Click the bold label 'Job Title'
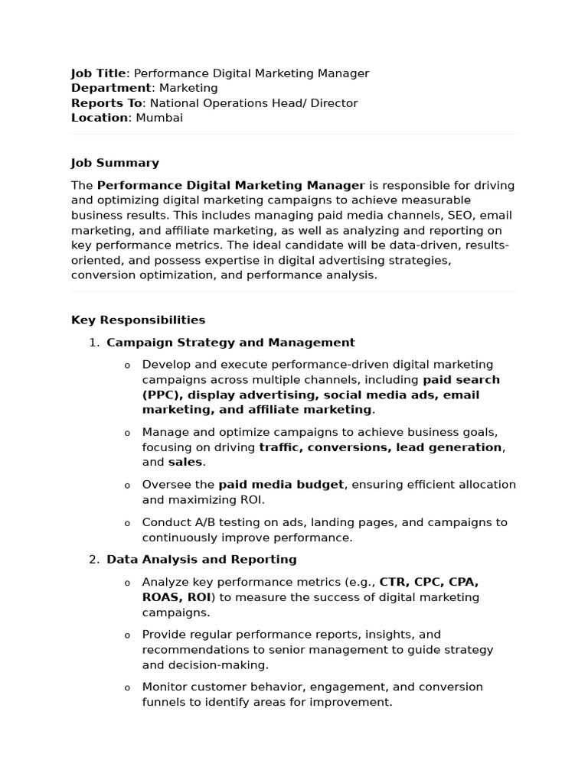tap(98, 73)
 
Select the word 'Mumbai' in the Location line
tap(159, 118)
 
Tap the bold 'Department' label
tap(111, 88)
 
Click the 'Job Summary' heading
tap(115, 163)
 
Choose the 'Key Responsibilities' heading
tap(138, 320)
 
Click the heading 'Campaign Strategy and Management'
tap(230, 343)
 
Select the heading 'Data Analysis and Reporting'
tap(201, 560)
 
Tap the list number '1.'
tap(94, 343)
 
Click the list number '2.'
tap(94, 560)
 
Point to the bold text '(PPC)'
tap(161, 395)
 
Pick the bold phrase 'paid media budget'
tap(282, 485)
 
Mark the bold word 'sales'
tap(185, 463)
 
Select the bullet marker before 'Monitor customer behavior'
tap(127, 688)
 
